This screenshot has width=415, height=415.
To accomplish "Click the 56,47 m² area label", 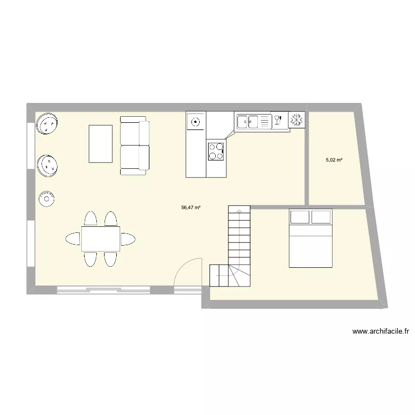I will coord(190,208).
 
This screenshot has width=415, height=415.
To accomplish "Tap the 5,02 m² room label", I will coord(334,160).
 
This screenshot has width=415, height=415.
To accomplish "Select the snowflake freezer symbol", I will coord(297,120).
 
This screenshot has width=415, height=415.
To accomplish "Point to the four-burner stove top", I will coord(216,151).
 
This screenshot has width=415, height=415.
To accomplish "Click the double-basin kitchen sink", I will coord(248,120).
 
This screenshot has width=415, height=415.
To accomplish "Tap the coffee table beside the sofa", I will coord(100,144).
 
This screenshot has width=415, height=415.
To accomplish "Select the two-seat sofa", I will coord(134,146).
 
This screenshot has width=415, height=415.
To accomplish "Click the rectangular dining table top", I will coord(100,238).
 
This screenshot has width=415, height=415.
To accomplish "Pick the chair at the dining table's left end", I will coord(73,239).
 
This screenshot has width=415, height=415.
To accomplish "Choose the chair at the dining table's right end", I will coord(127,239).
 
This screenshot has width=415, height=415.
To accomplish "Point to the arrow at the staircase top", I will coord(238,210).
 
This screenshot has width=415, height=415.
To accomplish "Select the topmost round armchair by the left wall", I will coord(48,123).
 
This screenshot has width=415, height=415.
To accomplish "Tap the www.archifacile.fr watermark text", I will coord(381,331).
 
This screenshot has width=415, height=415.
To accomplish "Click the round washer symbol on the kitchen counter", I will coord(195,121).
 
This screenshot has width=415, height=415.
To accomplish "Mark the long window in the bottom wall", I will coord(103,289).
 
